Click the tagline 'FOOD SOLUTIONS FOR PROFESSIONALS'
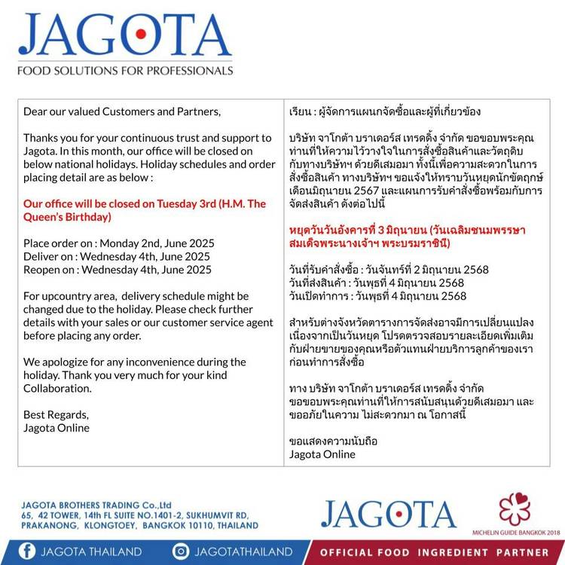pyautogui.click(x=125, y=71)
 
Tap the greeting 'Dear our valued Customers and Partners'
pyautogui.click(x=122, y=111)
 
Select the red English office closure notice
pyautogui.click(x=145, y=210)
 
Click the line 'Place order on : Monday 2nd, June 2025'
pyautogui.click(x=119, y=243)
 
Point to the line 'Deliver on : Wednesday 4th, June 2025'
pyautogui.click(x=117, y=256)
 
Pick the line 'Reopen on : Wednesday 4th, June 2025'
pyautogui.click(x=118, y=270)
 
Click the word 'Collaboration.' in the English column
pyautogui.click(x=58, y=388)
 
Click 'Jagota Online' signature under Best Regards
pyautogui.click(x=56, y=428)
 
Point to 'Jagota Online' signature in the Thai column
pyautogui.click(x=322, y=454)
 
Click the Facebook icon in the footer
pyautogui.click(x=27, y=551)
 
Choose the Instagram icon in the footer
pyautogui.click(x=181, y=551)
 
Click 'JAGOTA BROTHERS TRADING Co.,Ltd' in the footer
pyautogui.click(x=97, y=505)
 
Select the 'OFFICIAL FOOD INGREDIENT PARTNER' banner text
pyautogui.click(x=435, y=552)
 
